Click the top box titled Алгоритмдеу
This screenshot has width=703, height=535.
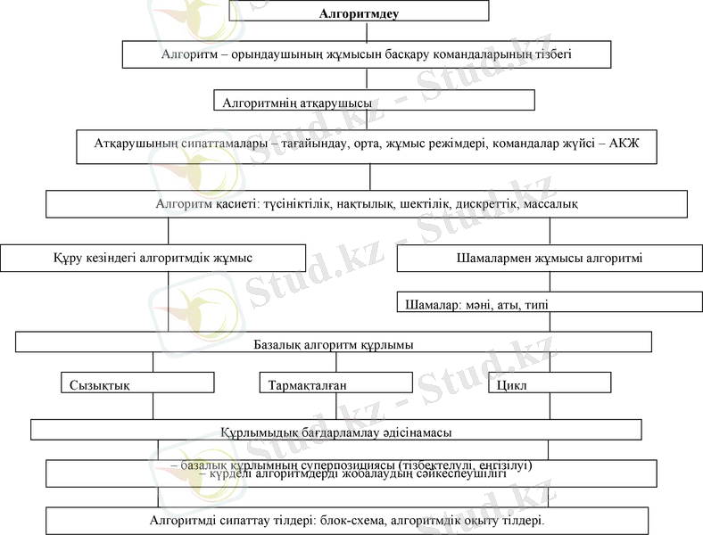coord(360,11)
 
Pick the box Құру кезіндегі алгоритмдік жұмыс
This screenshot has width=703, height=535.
coord(153,258)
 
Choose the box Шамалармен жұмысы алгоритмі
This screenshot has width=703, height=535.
coord(550,259)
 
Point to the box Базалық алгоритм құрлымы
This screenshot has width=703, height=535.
coord(334,342)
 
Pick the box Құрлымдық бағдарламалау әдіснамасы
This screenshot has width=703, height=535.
coord(336,431)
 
